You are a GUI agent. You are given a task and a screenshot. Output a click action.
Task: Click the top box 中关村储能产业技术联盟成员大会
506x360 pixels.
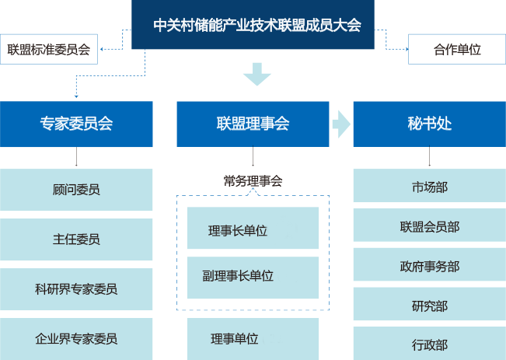257,25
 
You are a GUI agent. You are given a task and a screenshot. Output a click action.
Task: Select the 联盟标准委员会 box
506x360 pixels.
49,50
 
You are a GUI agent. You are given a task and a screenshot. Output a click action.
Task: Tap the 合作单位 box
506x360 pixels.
456,50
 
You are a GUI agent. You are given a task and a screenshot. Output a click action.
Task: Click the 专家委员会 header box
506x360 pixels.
76,124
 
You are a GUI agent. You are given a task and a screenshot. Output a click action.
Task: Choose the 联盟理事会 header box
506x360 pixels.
253,124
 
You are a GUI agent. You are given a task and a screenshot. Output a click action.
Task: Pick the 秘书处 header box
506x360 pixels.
429,124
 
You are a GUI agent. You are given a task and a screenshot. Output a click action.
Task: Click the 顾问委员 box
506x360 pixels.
76,190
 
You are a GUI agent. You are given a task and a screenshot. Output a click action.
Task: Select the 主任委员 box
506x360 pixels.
76,239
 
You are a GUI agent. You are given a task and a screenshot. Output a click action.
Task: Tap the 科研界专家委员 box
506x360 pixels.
76,288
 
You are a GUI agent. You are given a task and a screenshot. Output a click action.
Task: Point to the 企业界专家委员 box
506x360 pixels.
76,338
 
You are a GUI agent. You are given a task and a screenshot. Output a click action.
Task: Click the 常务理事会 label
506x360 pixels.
253,181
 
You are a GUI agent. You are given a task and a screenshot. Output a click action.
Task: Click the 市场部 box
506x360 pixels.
429,187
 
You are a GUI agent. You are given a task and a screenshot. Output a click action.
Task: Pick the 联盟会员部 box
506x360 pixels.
429,226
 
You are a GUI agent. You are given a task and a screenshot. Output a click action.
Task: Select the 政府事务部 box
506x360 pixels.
429,266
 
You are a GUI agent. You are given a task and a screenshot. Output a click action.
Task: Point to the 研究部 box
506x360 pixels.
429,306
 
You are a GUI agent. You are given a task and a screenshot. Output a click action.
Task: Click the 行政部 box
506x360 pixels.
429,344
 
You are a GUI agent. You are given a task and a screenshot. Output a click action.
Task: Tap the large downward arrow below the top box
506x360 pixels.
256,75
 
